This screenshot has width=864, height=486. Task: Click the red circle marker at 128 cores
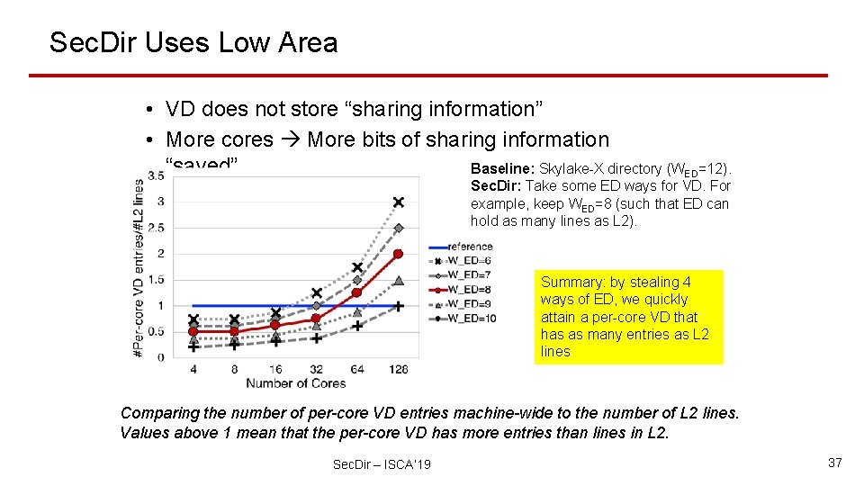point(398,254)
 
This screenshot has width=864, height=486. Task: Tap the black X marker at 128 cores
point(398,202)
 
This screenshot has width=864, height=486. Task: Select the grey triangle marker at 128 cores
point(398,281)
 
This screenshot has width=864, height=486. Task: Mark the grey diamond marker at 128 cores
point(398,228)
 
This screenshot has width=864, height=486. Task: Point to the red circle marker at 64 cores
point(356,292)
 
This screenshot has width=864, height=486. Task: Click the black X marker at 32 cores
point(316,293)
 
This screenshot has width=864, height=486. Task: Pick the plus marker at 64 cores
point(356,326)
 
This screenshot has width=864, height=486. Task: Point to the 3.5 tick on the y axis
point(155,176)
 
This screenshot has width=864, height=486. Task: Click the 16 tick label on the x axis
point(274,369)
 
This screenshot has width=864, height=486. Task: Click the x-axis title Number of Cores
point(295,383)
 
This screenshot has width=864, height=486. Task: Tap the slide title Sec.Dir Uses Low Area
point(193,42)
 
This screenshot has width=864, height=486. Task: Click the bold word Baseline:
point(502,168)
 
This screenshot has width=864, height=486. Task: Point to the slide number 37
point(834,463)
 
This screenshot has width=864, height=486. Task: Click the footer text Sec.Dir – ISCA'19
point(382,463)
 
